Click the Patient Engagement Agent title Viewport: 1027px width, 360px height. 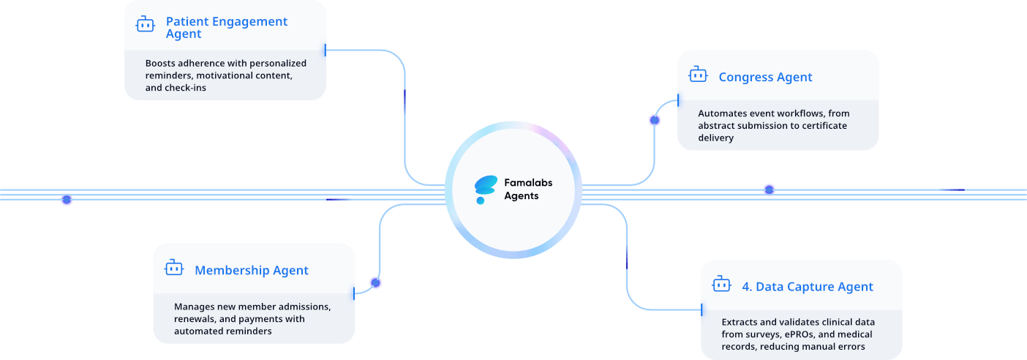227,28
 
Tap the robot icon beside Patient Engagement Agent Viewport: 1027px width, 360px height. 145,25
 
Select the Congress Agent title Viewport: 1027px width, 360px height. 765,77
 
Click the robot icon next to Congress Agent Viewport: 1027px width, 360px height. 698,75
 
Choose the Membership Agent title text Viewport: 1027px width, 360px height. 252,270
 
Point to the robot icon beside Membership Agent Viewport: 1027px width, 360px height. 173,268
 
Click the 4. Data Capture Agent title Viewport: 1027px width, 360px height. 808,287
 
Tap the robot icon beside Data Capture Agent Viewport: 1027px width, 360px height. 721,285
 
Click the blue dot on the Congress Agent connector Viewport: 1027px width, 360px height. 654,120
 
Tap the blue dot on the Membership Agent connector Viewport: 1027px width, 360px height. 376,282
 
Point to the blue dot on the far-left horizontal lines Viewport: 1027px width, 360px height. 67,199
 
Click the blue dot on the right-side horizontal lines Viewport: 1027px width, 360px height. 769,190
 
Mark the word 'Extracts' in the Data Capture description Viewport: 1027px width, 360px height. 741,322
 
